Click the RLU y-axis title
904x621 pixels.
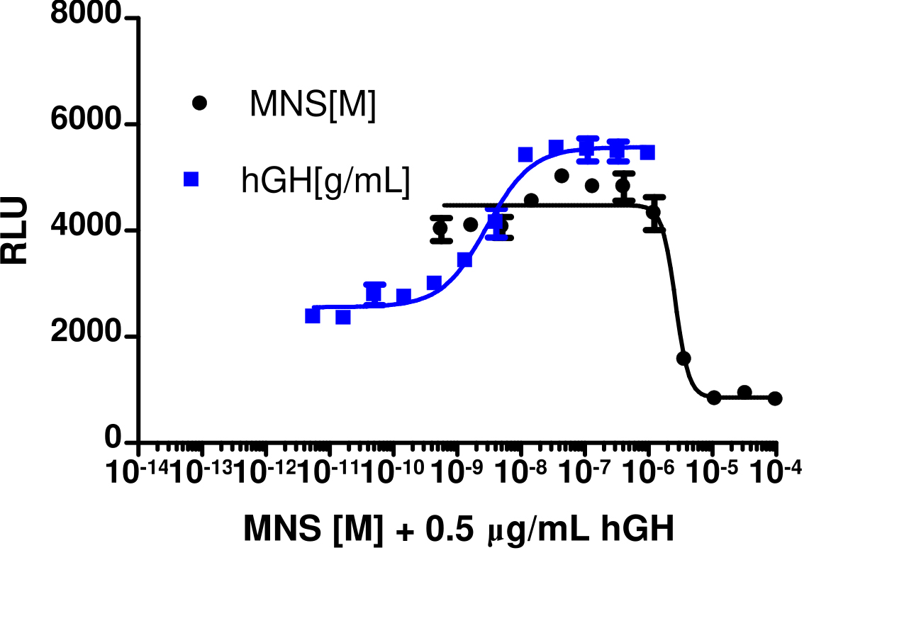(x=15, y=230)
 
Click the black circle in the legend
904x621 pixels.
(x=199, y=103)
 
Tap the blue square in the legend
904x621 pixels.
(x=191, y=180)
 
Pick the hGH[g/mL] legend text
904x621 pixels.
(x=325, y=182)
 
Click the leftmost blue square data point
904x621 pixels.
(x=313, y=315)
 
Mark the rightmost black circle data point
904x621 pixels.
(x=775, y=398)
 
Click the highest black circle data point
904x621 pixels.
(x=562, y=176)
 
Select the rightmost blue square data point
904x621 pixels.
(x=647, y=152)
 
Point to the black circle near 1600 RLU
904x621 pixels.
(x=683, y=358)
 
